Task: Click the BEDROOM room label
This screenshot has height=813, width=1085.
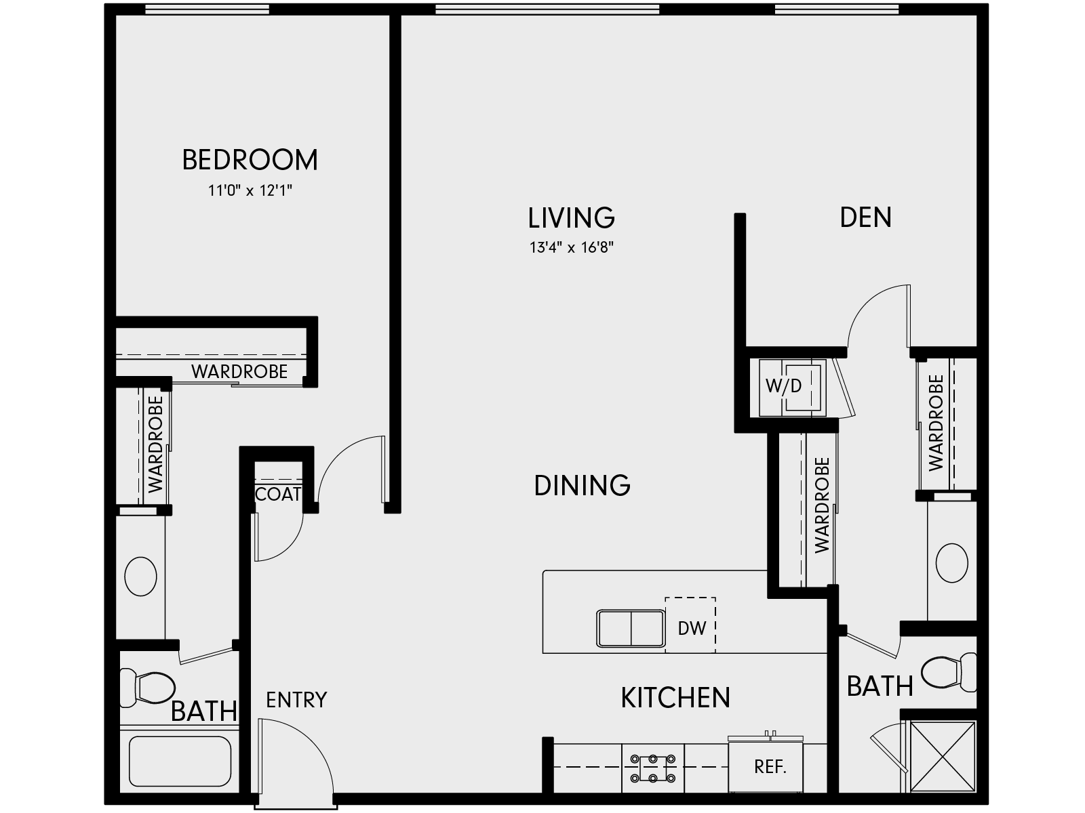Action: (x=250, y=160)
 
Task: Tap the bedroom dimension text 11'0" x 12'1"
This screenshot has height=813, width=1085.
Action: (x=250, y=191)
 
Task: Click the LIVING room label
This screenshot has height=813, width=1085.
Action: (x=571, y=218)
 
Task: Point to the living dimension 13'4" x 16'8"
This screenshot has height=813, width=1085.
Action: (x=571, y=248)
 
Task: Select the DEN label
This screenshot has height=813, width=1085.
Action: (x=865, y=217)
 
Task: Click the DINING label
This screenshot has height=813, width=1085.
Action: (x=582, y=486)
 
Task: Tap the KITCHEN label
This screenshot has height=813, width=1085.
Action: (x=675, y=698)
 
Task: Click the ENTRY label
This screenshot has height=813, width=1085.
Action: (x=296, y=699)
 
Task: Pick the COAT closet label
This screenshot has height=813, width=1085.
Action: (x=278, y=495)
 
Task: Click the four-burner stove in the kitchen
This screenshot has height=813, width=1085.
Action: (x=652, y=768)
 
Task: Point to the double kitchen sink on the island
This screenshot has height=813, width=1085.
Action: (x=631, y=628)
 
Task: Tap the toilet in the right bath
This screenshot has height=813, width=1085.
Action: (x=951, y=672)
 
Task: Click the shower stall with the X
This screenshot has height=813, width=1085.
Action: (x=941, y=756)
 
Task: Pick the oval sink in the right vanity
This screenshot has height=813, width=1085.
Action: (x=951, y=562)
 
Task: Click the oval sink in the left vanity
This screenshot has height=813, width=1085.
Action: (x=141, y=577)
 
